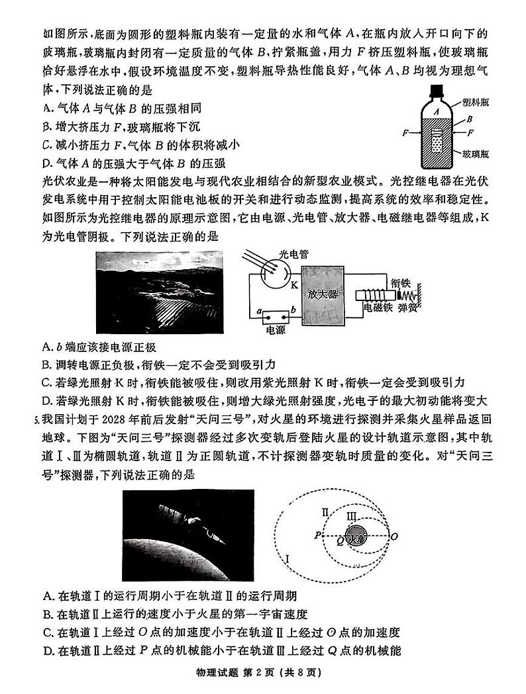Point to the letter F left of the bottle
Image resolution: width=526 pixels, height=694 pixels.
click(405, 133)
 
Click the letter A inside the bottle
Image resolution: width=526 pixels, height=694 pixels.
click(435, 113)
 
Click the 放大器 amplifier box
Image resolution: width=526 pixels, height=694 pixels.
click(323, 294)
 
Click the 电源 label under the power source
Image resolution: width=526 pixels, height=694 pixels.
click(274, 329)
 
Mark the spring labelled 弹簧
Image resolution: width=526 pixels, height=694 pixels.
click(415, 295)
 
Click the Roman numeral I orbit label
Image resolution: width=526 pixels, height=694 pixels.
click(288, 560)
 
